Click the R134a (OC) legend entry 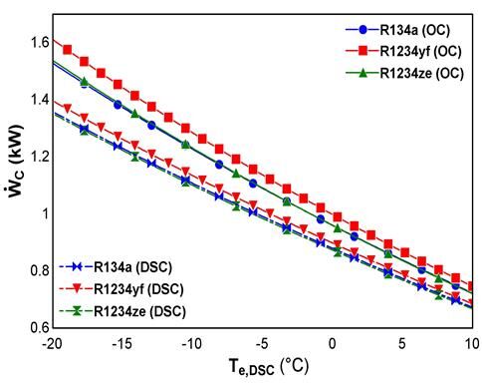tap(415, 30)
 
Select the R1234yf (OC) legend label tap(420, 51)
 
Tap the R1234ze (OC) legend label tap(421, 73)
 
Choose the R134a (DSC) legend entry tap(133, 267)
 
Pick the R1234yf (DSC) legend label tap(138, 289)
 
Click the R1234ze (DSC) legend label tap(139, 311)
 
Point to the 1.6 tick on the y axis tap(40, 42)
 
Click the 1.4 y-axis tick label tap(40, 100)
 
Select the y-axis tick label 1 tap(45, 213)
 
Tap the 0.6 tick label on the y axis tap(40, 328)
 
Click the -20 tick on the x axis tap(52, 344)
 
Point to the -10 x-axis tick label tap(192, 344)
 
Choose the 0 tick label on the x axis tap(333, 344)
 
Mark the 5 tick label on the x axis tap(402, 344)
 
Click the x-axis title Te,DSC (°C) tap(269, 367)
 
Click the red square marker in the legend tap(363, 51)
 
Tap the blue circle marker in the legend tap(363, 30)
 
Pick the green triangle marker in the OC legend tap(363, 73)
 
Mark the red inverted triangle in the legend tap(77, 289)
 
